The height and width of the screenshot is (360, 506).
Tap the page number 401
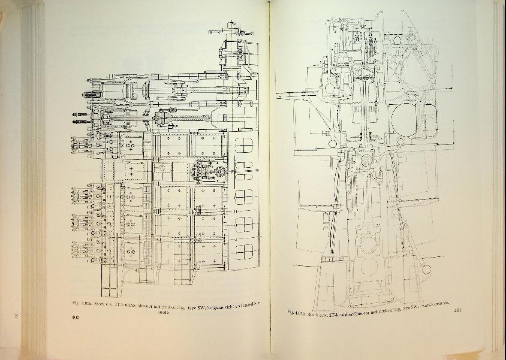point(457,310)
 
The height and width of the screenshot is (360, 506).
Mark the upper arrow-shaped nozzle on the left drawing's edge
point(77,114)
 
